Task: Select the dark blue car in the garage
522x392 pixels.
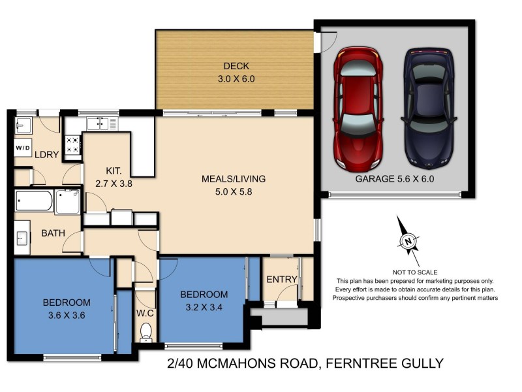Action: click(427, 106)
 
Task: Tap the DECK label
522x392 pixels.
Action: click(236, 66)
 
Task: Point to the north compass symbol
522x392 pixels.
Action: click(408, 242)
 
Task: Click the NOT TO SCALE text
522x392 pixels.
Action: click(414, 271)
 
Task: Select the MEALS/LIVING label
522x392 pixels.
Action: click(234, 178)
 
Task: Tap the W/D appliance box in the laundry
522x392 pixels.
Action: click(22, 148)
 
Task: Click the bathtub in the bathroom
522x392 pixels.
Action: click(34, 202)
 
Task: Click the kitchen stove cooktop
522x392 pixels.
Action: click(72, 145)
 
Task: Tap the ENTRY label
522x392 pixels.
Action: click(282, 280)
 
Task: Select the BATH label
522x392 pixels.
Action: click(53, 233)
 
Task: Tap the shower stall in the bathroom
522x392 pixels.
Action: click(68, 202)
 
